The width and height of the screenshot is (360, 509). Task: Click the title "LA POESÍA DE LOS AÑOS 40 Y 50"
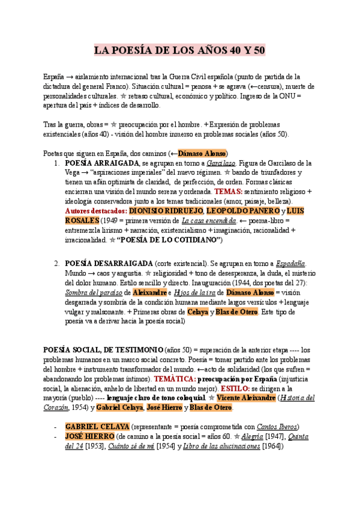pos(180,50)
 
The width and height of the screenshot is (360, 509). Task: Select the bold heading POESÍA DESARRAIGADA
pos(108,263)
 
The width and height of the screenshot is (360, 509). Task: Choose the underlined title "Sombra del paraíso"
pos(91,292)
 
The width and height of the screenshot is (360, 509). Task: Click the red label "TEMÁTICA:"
pos(175,379)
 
